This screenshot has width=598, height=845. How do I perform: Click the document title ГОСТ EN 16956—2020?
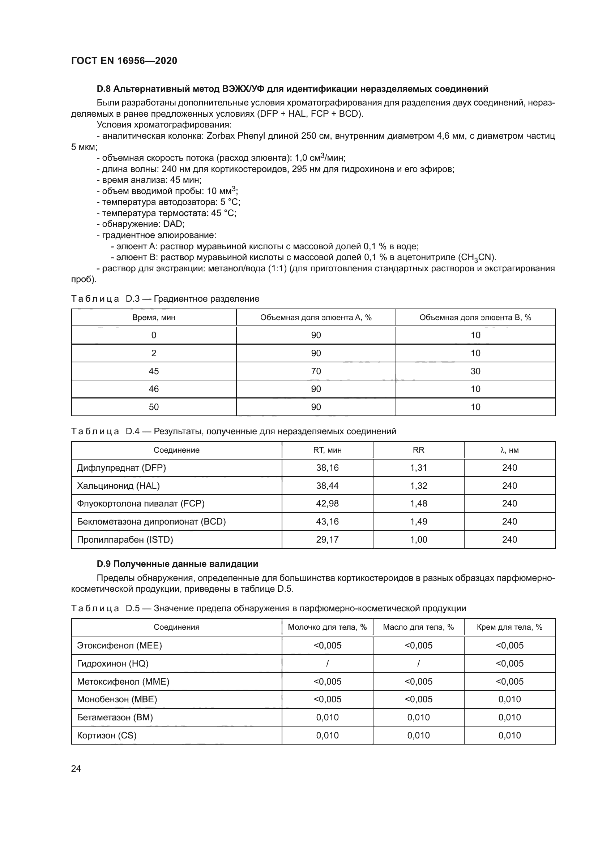coord(124,61)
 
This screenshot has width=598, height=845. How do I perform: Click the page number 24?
coord(76,768)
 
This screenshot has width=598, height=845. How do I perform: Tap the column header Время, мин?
coord(154,318)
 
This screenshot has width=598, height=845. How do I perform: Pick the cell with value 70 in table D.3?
coord(316,371)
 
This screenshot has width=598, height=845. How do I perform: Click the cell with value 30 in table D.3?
coord(475,371)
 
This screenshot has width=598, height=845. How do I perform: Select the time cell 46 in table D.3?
coord(154,389)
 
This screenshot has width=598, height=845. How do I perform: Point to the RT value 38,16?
coord(327,468)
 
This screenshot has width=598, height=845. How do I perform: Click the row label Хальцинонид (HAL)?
coord(118,486)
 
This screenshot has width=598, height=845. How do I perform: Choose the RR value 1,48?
coord(419,504)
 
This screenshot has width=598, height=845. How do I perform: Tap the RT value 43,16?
coord(327,522)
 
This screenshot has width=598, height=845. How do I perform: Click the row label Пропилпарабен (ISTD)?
coord(125,539)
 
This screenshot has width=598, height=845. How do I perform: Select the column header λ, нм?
coord(510,450)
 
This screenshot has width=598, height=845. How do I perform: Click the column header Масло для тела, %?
coord(418,627)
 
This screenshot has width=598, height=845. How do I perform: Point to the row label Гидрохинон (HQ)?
coord(113,664)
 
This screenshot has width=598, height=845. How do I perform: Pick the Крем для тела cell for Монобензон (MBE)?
coord(510,699)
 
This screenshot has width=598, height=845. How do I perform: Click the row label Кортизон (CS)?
coord(107,735)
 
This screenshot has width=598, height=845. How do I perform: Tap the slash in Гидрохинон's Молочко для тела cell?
coord(327,664)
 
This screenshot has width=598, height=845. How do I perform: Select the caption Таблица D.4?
coord(105,431)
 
